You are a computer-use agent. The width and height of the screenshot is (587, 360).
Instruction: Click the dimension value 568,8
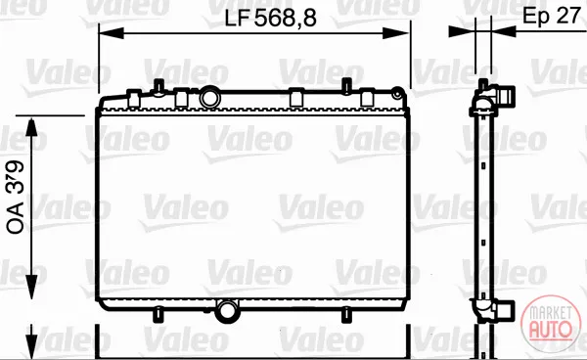coord(286,18)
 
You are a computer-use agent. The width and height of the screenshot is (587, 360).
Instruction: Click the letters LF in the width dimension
coord(237,18)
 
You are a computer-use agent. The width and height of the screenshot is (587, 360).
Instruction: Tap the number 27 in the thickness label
coord(568,16)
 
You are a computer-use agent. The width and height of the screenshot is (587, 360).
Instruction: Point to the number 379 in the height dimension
coord(16,176)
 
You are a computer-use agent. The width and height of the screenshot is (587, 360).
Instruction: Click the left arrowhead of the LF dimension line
coord(112,33)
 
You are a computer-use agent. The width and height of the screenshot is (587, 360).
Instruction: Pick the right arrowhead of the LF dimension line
coord(396,33)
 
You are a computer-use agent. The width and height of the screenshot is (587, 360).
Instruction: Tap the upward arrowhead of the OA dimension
coord(32,127)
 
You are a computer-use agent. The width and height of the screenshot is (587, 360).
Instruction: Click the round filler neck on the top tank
coord(210,97)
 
